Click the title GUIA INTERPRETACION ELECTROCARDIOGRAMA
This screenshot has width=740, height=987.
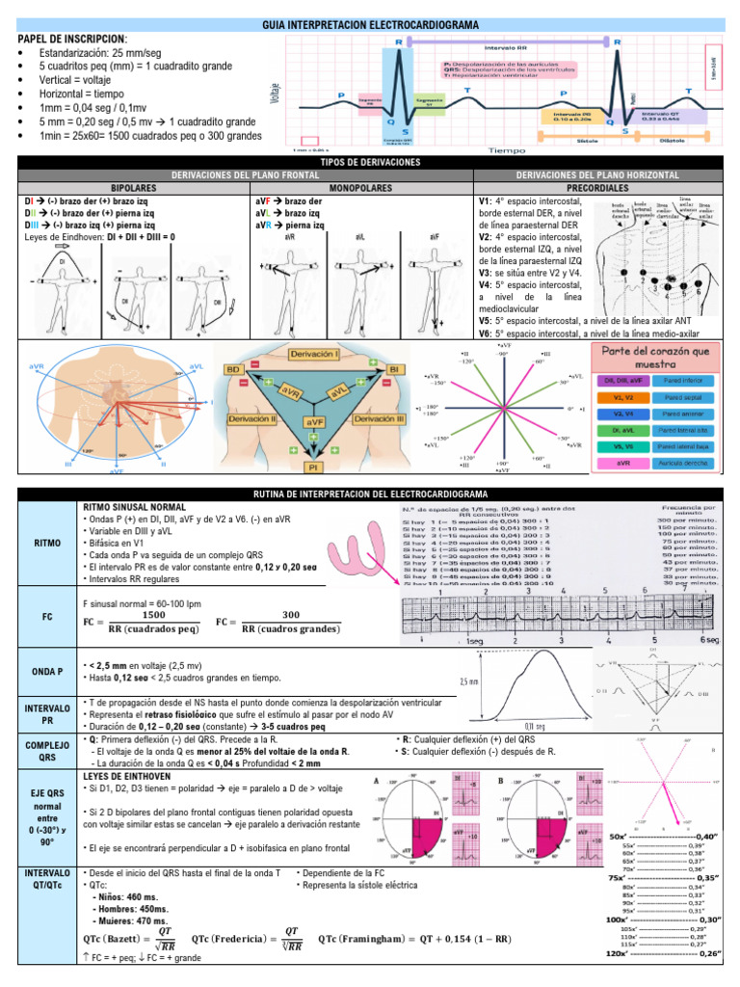[370, 23]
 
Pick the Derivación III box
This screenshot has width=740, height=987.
[379, 419]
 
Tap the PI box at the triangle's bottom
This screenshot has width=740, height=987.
[314, 467]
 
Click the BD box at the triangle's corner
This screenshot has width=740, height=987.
[233, 369]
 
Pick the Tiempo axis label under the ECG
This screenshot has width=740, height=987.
[507, 150]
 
